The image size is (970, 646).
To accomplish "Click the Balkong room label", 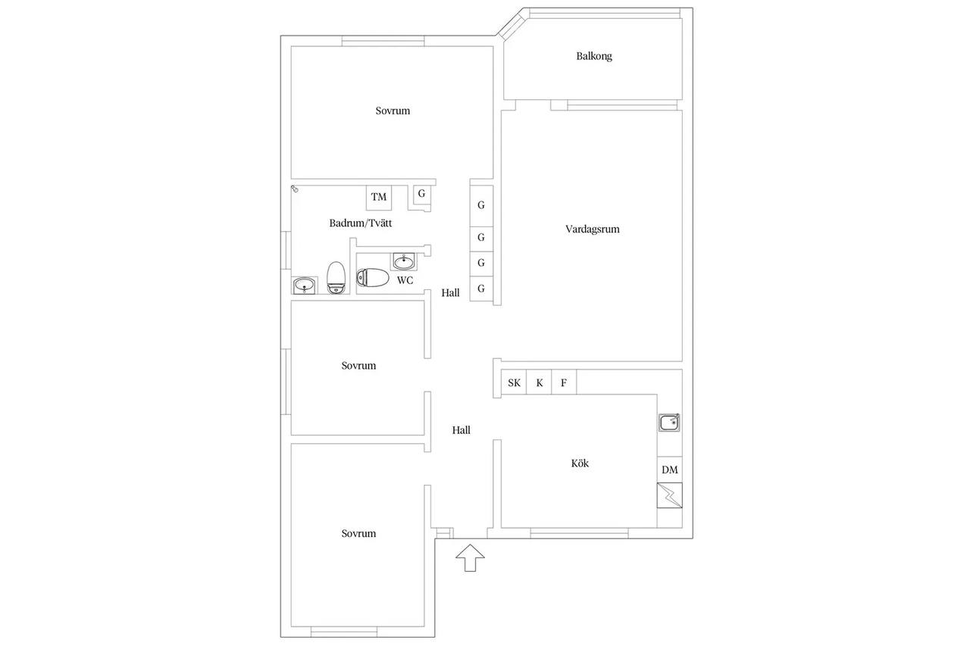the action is (593, 56).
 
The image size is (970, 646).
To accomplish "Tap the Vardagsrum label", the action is (592, 229).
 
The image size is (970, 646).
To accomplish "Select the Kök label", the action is (580, 463).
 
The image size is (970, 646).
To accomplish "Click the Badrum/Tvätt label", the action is (360, 223).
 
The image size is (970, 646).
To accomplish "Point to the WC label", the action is (405, 280).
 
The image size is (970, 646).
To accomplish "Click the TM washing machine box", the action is (379, 198).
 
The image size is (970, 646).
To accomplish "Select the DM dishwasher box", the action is (669, 470).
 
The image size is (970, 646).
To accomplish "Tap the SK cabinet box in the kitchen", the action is (514, 382).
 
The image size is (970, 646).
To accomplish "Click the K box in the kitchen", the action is (539, 382).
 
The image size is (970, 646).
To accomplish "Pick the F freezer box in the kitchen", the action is (564, 382).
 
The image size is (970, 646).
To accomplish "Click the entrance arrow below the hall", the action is (470, 557).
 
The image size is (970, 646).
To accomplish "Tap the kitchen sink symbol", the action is (669, 423).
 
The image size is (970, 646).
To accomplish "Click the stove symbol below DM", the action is (669, 495).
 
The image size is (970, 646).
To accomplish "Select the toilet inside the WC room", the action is (372, 277).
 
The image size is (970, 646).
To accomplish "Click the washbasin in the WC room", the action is (404, 261).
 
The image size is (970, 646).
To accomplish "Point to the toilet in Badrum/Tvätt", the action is (336, 278).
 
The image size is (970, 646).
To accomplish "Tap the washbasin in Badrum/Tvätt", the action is (305, 286).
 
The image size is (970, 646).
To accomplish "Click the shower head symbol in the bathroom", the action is (295, 189).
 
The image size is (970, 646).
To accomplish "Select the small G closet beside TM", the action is (421, 194).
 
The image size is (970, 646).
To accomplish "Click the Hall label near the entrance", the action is (462, 430).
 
